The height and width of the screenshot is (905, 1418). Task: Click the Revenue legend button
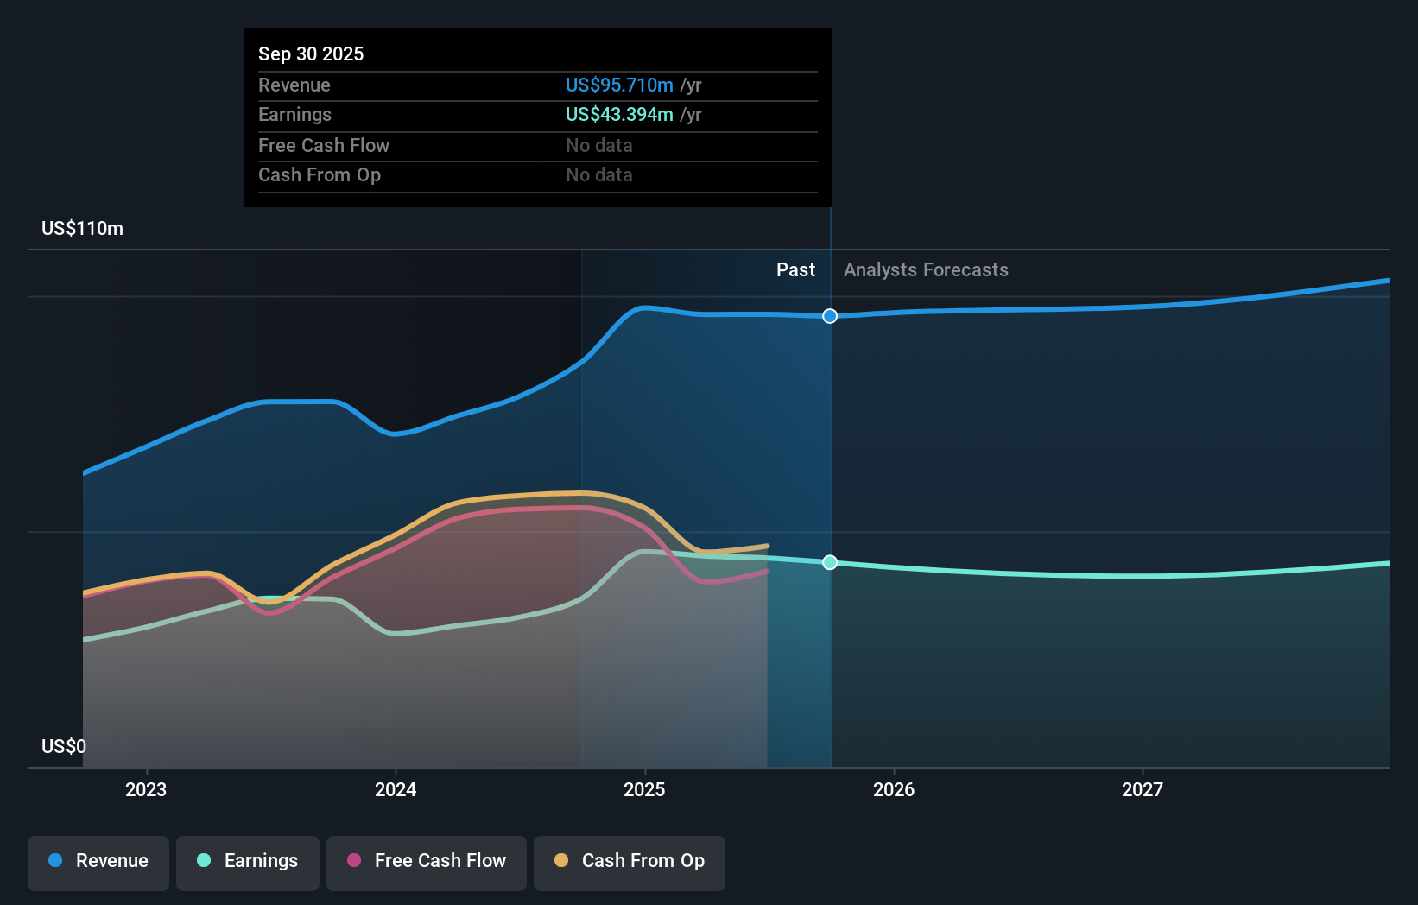pos(98,862)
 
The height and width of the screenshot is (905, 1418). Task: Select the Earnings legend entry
pos(248,862)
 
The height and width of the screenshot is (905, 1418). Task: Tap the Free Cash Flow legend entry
pos(427,862)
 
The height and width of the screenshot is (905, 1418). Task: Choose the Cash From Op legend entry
pos(630,862)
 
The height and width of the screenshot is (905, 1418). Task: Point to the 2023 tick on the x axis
pos(146,789)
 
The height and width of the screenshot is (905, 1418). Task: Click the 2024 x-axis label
pos(396,789)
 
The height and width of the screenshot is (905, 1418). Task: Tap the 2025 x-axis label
pos(644,789)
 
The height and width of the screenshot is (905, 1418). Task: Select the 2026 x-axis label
pos(894,789)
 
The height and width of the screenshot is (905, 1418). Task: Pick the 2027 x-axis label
pos(1143,789)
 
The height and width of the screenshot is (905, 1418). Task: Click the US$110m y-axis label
pos(83,229)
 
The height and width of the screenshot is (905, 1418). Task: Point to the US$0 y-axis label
pos(64,746)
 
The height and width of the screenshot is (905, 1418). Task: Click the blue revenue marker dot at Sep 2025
pos(830,316)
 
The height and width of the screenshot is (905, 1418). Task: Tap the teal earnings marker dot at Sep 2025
pos(830,562)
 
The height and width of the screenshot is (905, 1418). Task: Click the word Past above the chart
pos(795,270)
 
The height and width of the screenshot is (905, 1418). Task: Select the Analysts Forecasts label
pos(926,270)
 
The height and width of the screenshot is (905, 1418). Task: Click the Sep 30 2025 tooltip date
pos(311,54)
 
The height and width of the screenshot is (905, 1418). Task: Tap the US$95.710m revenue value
pos(619,85)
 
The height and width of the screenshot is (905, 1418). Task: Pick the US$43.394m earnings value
pos(619,115)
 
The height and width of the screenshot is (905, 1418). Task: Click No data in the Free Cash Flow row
pos(599,146)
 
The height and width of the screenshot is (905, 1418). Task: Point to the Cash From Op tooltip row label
pos(320,175)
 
